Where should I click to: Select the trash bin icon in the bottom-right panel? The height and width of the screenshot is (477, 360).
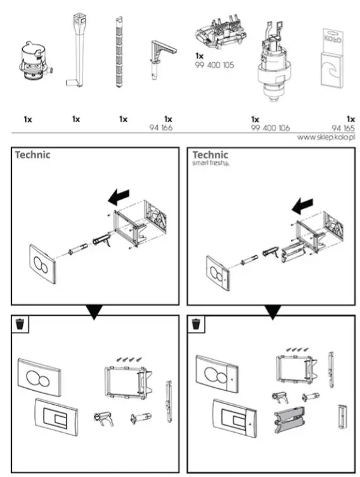pyautogui.click(x=198, y=324)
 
